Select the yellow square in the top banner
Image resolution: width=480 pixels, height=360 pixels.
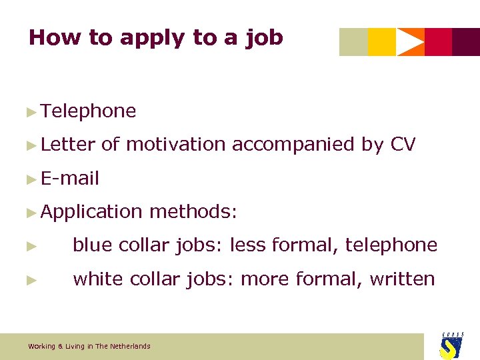pos(381,42)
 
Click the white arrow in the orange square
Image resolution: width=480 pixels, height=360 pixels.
pos(409,42)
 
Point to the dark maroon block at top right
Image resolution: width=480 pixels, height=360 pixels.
pos(466,42)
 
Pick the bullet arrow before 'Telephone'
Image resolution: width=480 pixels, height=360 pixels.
pos(31,112)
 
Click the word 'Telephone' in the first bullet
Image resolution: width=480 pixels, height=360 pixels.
pos(88,111)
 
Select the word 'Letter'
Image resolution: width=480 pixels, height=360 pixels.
pos(68,144)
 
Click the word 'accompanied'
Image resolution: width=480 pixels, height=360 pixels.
pos(293,145)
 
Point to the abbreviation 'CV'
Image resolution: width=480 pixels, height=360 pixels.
pos(403,144)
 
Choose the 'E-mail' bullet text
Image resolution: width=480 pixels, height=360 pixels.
pos(69,178)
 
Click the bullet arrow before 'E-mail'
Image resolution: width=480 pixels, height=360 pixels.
pos(31,179)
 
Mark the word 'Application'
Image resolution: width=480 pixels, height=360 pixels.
pos(91,212)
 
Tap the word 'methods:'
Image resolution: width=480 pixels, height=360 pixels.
pos(193,211)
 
